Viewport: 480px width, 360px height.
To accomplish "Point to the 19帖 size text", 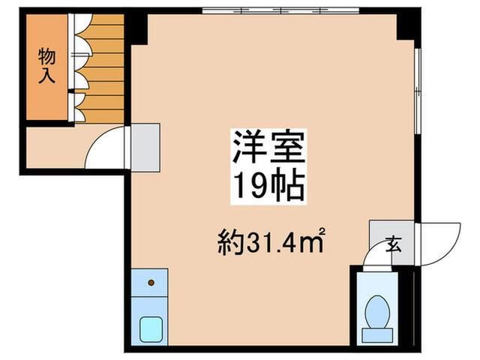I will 268,184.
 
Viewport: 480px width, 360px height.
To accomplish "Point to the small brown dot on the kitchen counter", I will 151,283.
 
